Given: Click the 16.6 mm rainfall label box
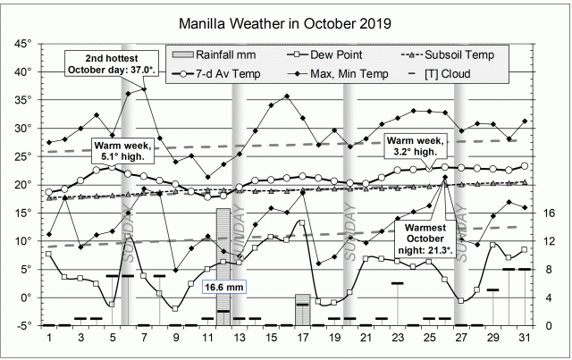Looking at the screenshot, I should click(x=224, y=287).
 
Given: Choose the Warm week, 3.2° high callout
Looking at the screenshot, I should click(x=414, y=145).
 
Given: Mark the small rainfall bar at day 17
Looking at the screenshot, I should click(x=302, y=310).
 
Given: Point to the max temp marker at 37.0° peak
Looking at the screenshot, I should click(x=144, y=88).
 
